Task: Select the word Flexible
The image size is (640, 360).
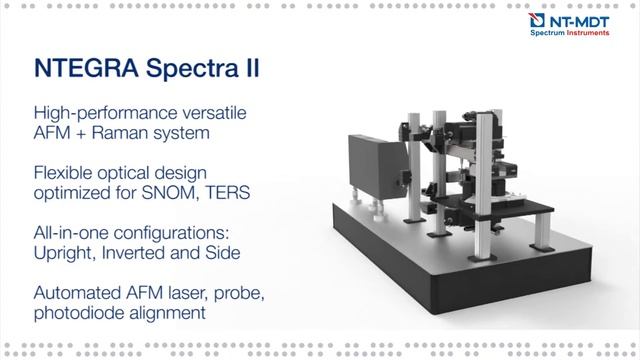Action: pos(62,169)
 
